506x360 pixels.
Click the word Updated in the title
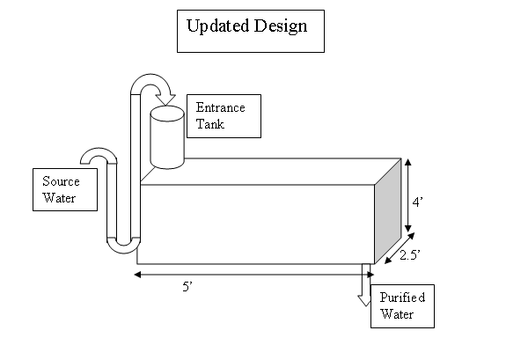218,26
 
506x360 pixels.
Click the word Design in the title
281,26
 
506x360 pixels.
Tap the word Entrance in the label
220,107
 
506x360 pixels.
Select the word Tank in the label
210,124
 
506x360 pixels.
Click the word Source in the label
61,181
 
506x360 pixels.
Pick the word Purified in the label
402,298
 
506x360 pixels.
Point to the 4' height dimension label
417,202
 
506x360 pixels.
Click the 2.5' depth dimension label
410,255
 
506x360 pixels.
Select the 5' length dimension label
187,286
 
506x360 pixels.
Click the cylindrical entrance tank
167,137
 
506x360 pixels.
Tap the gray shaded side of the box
387,211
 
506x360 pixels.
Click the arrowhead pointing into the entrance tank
165,99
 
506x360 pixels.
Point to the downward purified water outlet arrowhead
364,300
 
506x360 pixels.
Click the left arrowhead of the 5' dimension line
137,275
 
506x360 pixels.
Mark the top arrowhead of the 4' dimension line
408,162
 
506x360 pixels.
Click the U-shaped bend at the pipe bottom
123,246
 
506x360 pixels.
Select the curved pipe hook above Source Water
99,156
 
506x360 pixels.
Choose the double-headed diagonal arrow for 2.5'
400,248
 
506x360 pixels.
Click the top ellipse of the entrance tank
167,114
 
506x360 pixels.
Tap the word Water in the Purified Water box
397,314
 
